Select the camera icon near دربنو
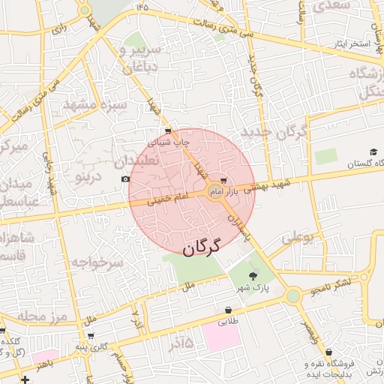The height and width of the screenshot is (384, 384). pyautogui.click(x=125, y=178)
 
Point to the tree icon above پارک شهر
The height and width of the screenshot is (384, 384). pyautogui.click(x=251, y=277)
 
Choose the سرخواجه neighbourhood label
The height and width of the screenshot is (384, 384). pyautogui.click(x=97, y=262)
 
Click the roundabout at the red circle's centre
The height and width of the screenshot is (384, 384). pyautogui.click(x=215, y=192)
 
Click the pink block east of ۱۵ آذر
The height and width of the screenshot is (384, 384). pyautogui.click(x=222, y=337)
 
